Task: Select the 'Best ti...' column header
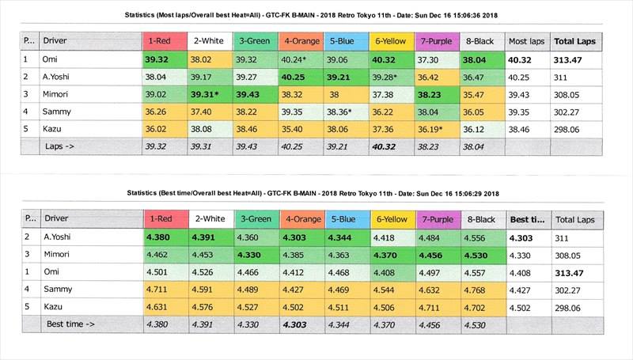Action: click(526, 218)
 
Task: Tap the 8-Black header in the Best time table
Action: click(480, 218)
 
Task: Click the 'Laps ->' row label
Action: click(60, 146)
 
